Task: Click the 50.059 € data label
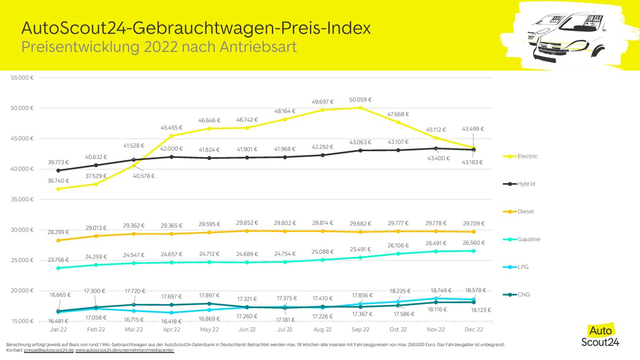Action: pos(360,100)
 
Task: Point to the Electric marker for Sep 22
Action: pos(360,108)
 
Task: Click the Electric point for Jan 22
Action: pos(58,189)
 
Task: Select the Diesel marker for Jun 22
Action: pos(247,231)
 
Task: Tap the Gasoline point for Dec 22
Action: pos(474,251)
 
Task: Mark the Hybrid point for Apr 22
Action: pos(172,157)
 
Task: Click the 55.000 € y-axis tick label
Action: pos(22,78)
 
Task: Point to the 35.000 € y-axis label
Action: pos(22,200)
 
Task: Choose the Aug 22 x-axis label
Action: pos(322,330)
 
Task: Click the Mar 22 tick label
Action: pos(134,330)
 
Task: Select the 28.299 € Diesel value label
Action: pos(58,232)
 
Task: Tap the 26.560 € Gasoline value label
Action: pos(474,243)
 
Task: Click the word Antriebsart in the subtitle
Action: pos(258,47)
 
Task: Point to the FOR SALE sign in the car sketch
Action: pos(594,20)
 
